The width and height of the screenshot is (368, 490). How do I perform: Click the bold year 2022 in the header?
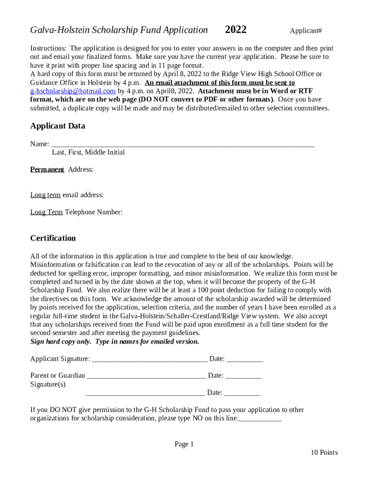236,30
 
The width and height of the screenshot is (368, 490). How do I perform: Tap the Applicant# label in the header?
306,31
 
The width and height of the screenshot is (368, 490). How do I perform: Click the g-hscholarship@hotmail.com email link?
73,91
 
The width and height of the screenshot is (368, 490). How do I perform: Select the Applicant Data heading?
58,126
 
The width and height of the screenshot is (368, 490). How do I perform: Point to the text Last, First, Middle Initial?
88,153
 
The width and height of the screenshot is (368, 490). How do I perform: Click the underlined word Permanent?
47,169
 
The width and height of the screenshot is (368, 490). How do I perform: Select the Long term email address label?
67,195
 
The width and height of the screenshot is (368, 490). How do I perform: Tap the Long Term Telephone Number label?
76,212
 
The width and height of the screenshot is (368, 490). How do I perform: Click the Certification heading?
53,238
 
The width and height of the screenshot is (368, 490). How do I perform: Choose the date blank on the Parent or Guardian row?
243,376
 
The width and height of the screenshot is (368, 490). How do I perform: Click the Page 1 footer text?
184,445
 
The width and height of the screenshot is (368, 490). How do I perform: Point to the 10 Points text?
324,453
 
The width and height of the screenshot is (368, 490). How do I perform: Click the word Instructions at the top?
48,48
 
